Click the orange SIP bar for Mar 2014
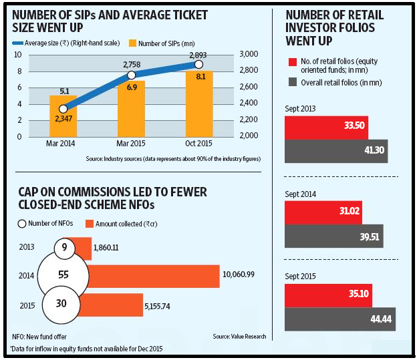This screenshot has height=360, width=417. coord(63,116)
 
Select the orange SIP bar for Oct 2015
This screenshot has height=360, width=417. coord(199,104)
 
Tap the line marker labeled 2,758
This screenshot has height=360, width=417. coord(132,75)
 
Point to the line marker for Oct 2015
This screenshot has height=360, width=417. coord(198,64)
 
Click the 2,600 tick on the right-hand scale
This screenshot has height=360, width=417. coord(249,87)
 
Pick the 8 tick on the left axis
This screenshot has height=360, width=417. coord(19,71)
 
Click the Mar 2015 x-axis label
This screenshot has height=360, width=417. coord(131,144)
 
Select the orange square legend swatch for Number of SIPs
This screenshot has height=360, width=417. coord(132,43)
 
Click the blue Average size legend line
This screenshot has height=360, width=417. coord(17,43)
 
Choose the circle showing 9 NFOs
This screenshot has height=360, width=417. coord(65,248)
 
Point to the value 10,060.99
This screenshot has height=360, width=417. coord(239,274)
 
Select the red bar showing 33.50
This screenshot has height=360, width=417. coord(326,128)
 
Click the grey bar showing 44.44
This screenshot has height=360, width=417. coord(340,319)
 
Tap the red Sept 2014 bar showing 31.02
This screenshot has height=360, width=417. coord(323,212)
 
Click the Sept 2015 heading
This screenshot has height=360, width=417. coord(300,277)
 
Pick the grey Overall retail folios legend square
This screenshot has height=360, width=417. coord(293,82)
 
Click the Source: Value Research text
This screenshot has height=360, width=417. coord(239,337)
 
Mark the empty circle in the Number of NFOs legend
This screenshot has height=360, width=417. coord(22,224)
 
